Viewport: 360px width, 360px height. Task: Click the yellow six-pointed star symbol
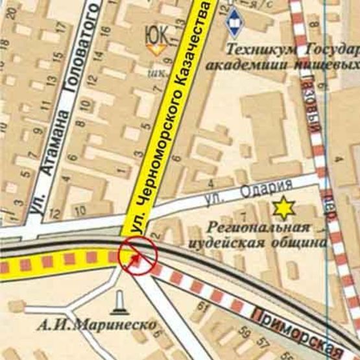click(x=283, y=208)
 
